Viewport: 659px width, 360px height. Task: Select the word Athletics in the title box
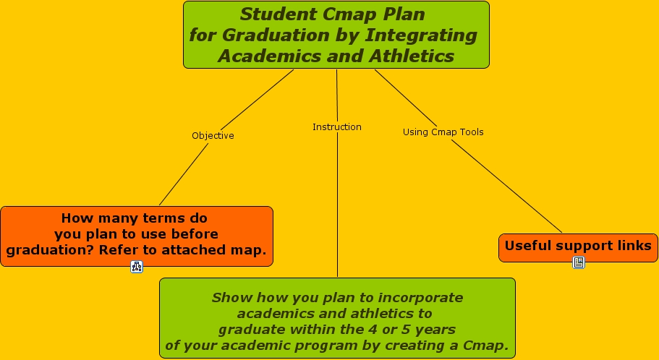pos(412,56)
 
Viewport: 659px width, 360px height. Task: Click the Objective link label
pos(213,136)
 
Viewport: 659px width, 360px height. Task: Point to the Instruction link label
pos(336,127)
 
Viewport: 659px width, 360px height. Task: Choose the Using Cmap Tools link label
pos(443,132)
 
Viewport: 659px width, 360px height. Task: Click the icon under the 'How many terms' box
pos(137,266)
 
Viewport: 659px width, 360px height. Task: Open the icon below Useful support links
pos(578,262)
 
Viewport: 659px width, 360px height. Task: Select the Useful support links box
pos(578,248)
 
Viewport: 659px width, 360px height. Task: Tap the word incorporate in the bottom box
pos(420,297)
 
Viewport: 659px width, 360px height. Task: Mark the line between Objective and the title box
pos(257,100)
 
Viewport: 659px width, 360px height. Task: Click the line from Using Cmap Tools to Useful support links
pos(506,186)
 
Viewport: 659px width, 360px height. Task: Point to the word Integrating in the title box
pos(421,35)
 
